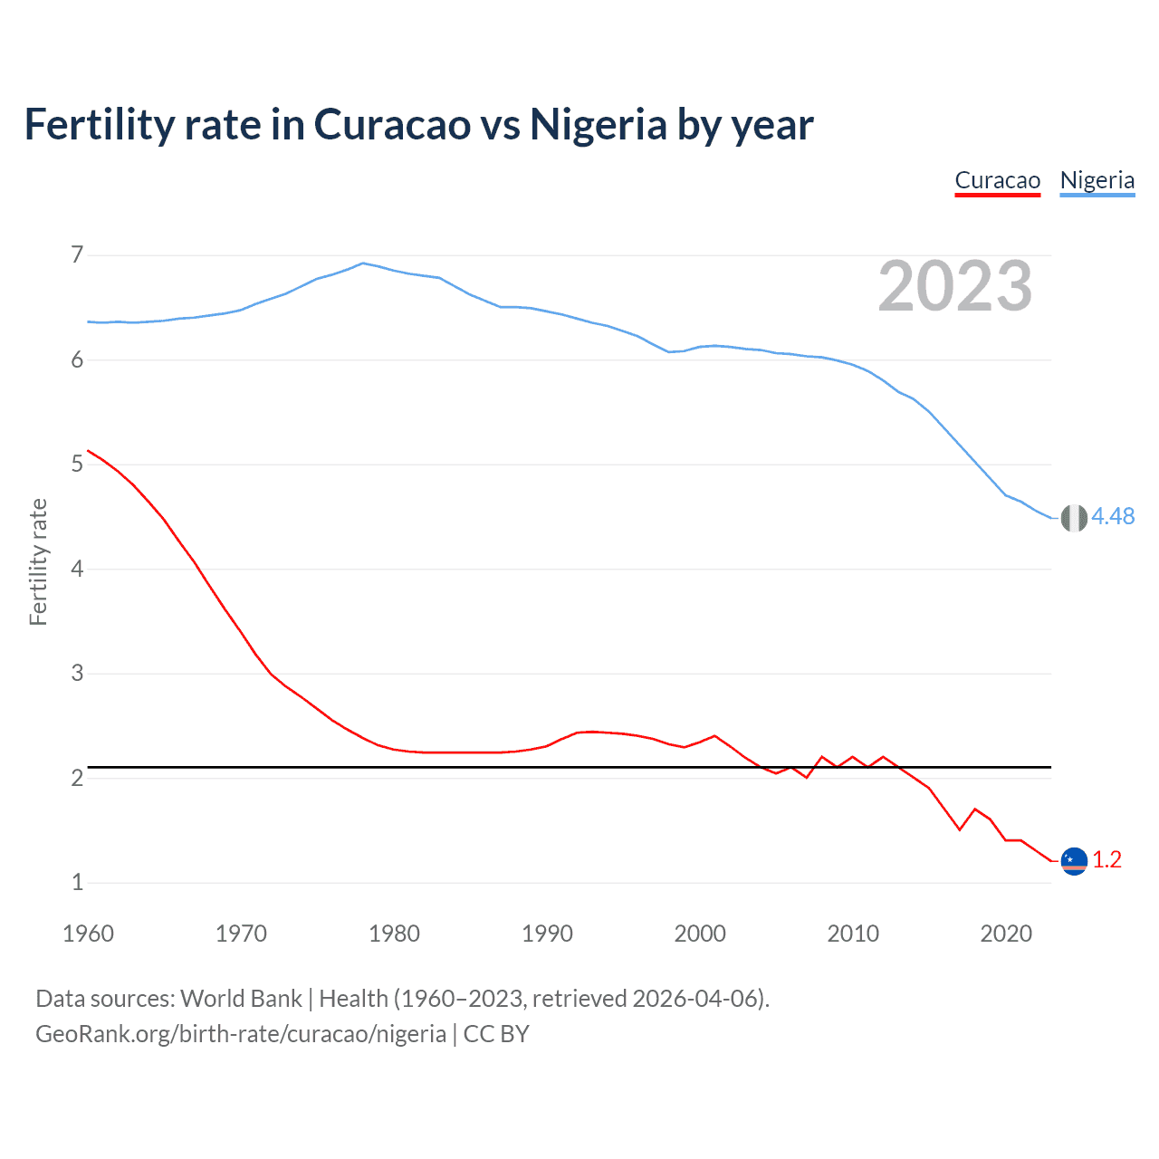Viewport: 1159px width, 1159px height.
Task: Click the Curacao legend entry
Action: [997, 180]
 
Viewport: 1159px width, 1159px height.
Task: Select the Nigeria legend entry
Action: [1097, 180]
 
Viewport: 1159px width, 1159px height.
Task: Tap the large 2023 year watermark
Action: [955, 286]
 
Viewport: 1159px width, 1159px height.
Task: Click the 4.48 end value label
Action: [1113, 516]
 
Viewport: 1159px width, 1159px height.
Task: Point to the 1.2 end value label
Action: [1106, 859]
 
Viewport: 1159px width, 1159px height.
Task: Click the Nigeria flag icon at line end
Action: [1074, 518]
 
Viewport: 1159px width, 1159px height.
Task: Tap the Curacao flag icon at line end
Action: [1074, 861]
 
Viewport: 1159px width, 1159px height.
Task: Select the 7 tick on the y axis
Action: [77, 255]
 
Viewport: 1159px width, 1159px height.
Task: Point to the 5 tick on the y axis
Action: [77, 465]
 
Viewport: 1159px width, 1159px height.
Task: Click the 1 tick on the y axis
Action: [77, 882]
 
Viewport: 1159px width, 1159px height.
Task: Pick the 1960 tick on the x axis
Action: [88, 934]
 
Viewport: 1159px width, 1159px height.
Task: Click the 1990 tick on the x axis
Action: [547, 934]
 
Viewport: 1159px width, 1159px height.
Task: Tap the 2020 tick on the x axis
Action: [1006, 934]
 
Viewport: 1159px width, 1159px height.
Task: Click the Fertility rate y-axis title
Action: [38, 561]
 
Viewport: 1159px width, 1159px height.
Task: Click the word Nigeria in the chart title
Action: [599, 124]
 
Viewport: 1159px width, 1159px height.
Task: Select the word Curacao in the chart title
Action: [392, 124]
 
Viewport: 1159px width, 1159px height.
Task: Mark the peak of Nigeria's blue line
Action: [363, 263]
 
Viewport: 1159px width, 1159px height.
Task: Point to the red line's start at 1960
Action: [88, 451]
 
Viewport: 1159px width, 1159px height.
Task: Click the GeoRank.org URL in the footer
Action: [241, 1034]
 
